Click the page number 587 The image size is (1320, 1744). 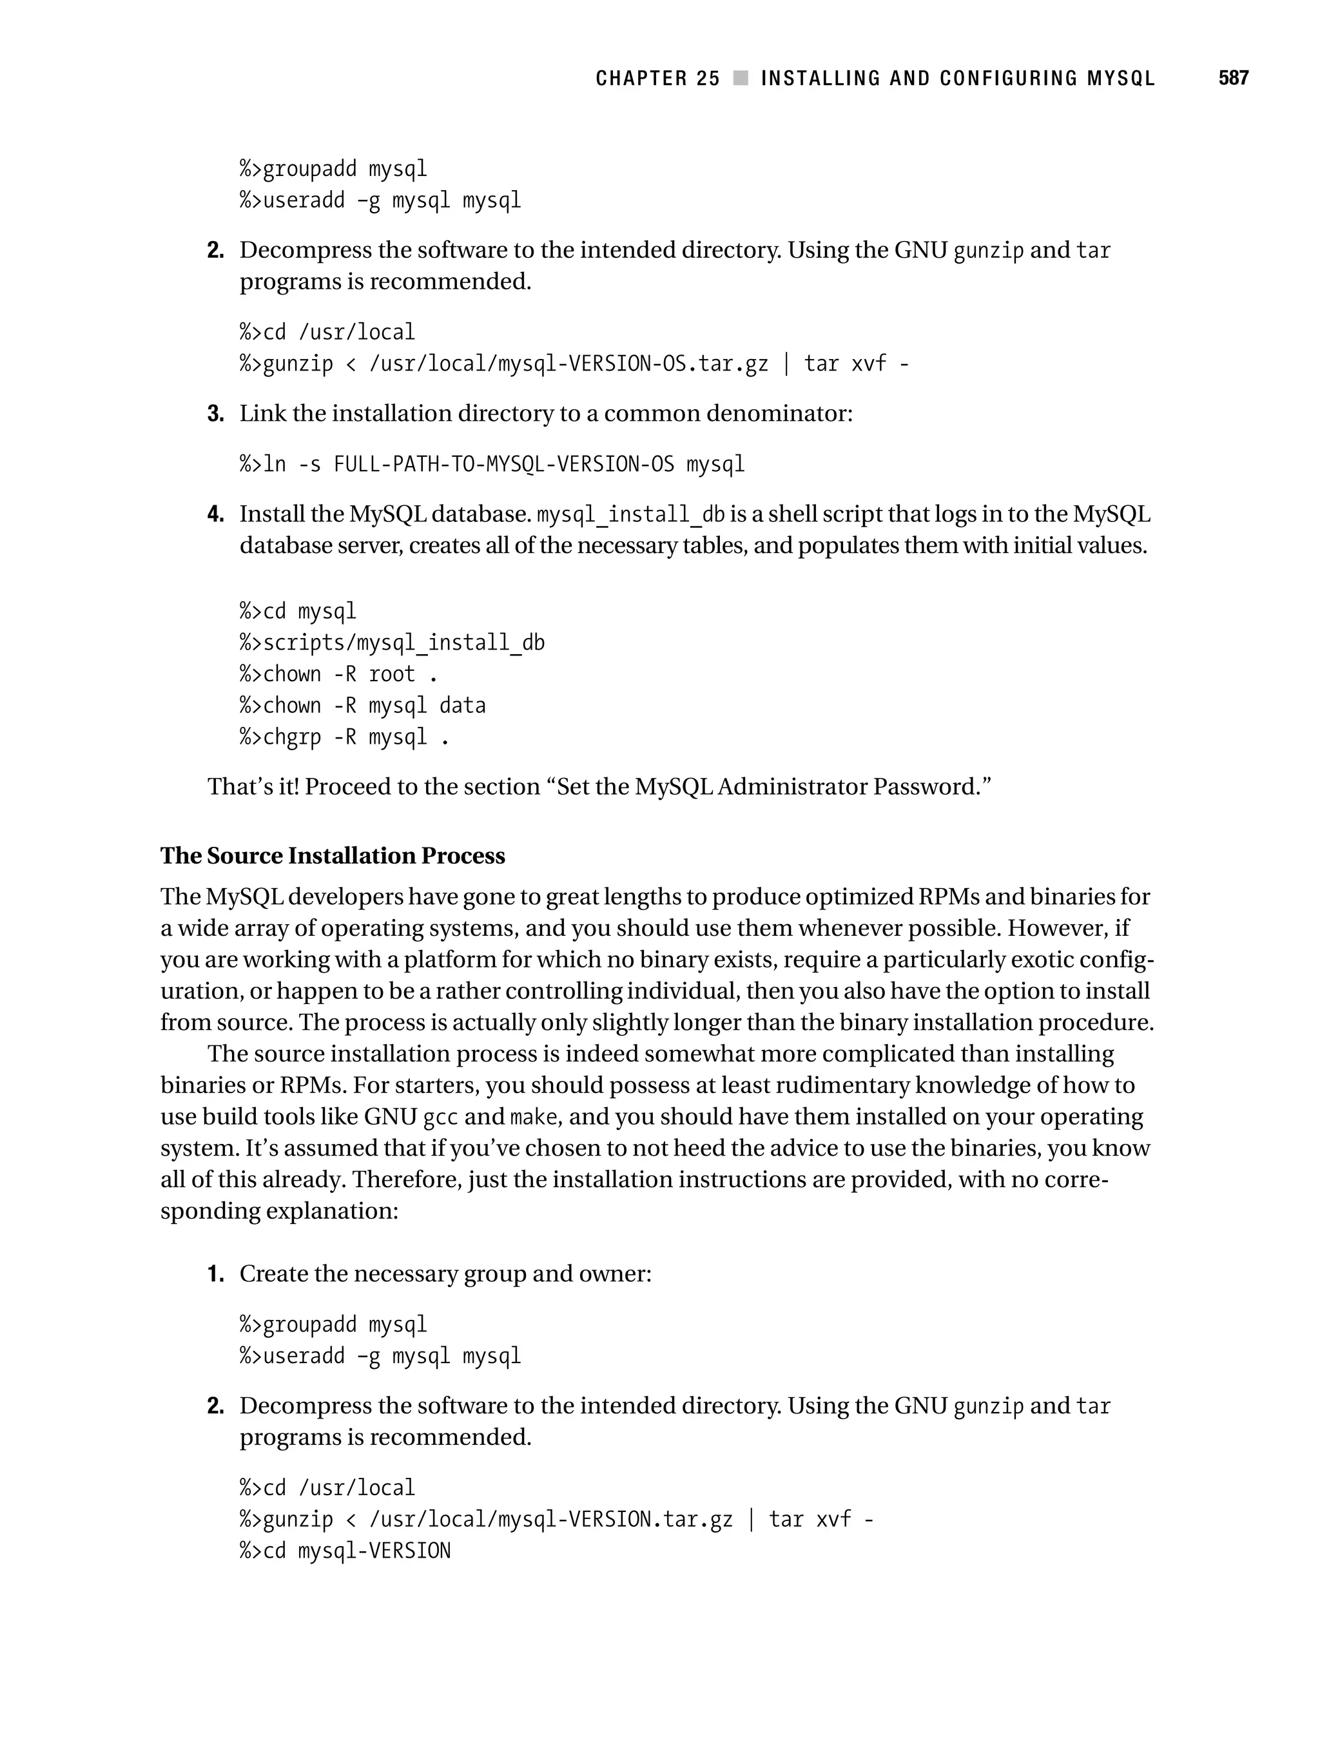pyautogui.click(x=1232, y=78)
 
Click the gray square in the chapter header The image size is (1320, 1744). pyautogui.click(x=741, y=78)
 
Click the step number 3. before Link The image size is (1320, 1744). pyautogui.click(x=215, y=414)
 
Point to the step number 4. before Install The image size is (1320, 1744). pyautogui.click(x=215, y=515)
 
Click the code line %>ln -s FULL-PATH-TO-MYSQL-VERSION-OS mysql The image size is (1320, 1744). pyautogui.click(x=492, y=463)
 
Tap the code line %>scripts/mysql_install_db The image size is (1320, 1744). pyautogui.click(x=392, y=643)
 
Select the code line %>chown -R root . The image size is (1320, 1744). pyautogui.click(x=338, y=675)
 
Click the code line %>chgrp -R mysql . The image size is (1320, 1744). pyautogui.click(x=344, y=738)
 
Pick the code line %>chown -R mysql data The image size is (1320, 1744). pyautogui.click(x=363, y=706)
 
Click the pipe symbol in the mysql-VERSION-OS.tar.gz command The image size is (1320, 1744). pyautogui.click(x=786, y=364)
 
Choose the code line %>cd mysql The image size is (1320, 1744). pyautogui.click(x=298, y=612)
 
